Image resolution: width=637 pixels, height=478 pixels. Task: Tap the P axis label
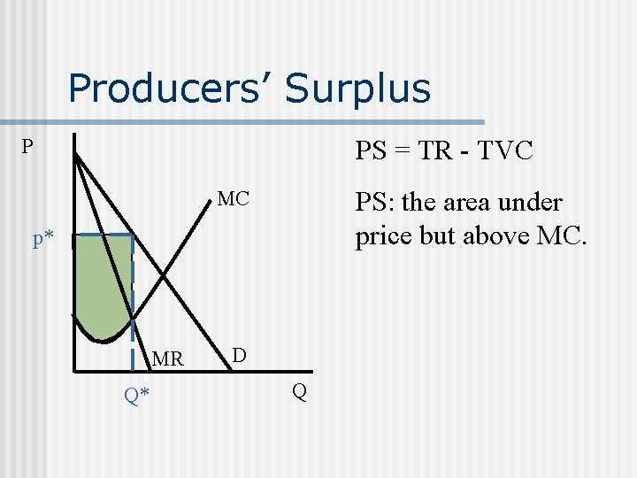click(x=29, y=147)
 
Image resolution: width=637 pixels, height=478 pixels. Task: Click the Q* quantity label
click(x=136, y=396)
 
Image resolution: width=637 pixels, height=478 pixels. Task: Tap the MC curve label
click(x=234, y=199)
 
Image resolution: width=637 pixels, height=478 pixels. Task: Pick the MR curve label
click(x=167, y=359)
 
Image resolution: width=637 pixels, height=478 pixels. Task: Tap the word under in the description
click(x=530, y=203)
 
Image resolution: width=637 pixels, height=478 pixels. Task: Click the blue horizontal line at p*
click(x=103, y=235)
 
